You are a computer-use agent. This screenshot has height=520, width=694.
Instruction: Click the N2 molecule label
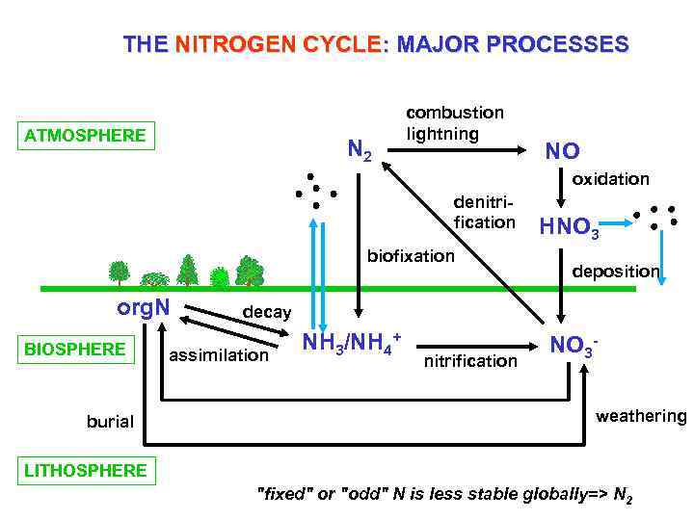coord(360,150)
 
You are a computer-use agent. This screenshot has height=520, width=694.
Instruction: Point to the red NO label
coord(562,151)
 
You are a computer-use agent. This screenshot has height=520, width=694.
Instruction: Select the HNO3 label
coord(569,228)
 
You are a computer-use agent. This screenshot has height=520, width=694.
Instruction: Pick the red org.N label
coord(144,309)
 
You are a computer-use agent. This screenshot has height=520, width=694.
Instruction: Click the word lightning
coord(442,134)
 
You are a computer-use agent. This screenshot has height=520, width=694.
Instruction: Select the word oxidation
coord(611,179)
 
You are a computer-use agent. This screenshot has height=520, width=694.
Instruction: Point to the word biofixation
coord(411,256)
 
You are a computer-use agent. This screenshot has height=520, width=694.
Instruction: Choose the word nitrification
coord(470,361)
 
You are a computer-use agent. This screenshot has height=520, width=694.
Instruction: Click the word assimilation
coord(219,356)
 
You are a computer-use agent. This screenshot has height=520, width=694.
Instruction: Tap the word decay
coord(267,313)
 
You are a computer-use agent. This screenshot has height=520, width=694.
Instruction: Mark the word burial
coord(110,422)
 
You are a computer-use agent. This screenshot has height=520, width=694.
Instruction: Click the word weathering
coord(641,416)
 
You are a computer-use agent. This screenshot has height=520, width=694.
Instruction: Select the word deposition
coord(615,272)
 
